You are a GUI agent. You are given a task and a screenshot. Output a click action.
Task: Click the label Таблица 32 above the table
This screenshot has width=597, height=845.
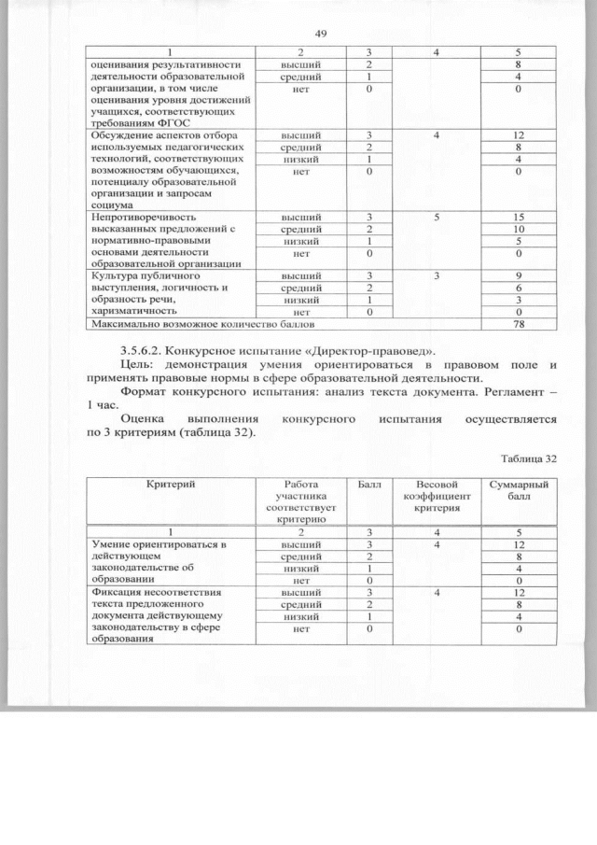528,459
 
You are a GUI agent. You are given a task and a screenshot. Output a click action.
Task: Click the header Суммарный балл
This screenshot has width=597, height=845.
520,491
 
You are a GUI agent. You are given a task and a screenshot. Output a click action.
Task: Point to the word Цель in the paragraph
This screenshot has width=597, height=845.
138,363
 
